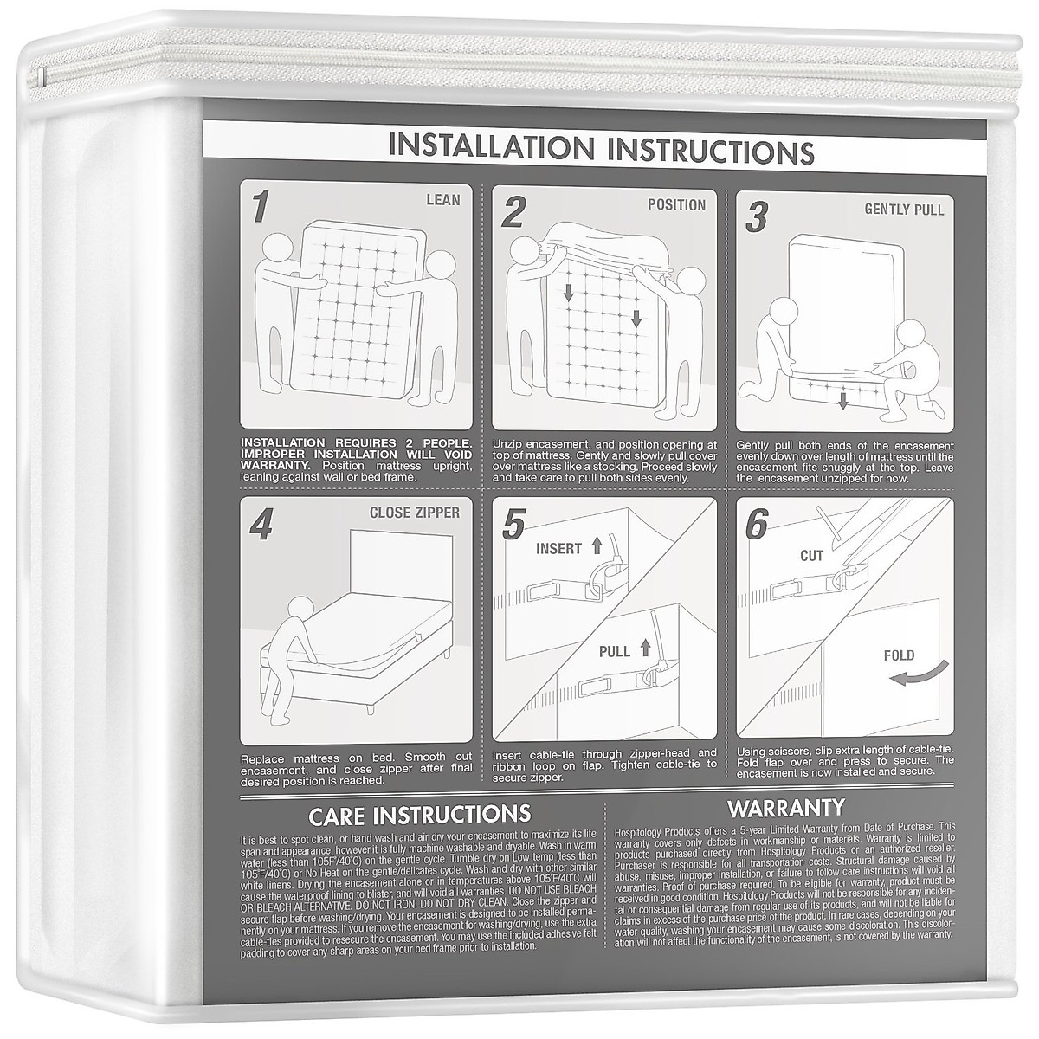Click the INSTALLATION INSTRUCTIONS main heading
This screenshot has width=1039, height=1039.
(x=601, y=148)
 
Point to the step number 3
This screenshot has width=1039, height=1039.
(x=756, y=217)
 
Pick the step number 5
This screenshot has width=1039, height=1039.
(x=514, y=526)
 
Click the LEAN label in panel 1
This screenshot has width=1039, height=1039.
(x=442, y=200)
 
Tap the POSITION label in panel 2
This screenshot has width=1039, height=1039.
(x=676, y=205)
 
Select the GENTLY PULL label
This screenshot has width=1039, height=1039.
(x=904, y=210)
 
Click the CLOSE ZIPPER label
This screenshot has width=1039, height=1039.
(x=414, y=512)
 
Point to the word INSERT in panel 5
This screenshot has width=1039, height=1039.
(x=558, y=549)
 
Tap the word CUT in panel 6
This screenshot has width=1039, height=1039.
(x=811, y=556)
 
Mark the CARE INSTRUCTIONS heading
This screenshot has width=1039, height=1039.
(x=419, y=814)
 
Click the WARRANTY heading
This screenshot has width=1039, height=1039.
(x=785, y=809)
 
